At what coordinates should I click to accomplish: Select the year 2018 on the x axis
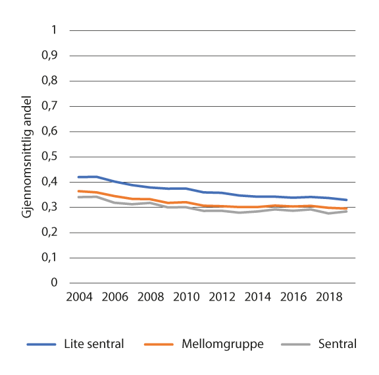tap(330, 297)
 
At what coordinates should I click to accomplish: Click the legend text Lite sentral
tap(94, 344)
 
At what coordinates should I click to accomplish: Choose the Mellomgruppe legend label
tap(222, 344)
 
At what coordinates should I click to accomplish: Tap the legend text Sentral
tap(336, 344)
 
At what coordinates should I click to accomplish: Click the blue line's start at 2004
tap(78, 177)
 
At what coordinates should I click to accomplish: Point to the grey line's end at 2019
tap(347, 211)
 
